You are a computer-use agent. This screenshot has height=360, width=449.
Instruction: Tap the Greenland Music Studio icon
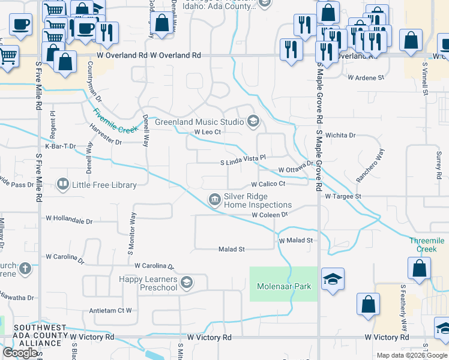(253, 122)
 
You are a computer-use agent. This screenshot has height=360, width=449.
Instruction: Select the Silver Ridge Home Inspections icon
(214, 200)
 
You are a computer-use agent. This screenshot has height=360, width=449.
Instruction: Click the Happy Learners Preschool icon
(187, 283)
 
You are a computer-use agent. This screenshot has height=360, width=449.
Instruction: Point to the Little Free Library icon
(62, 184)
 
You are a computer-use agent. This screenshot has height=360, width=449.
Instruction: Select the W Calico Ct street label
(268, 184)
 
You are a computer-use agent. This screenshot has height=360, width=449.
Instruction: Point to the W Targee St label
(343, 196)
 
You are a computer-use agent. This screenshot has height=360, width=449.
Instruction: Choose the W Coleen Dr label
(270, 214)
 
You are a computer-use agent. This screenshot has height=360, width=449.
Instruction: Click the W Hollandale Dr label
(69, 221)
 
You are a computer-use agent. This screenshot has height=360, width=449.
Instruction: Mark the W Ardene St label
(366, 78)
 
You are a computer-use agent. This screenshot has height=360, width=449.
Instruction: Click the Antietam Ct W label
(110, 310)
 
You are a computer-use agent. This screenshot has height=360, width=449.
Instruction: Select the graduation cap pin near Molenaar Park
(333, 279)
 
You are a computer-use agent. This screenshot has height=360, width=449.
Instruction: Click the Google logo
(19, 353)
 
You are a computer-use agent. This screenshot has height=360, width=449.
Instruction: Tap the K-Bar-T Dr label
(61, 146)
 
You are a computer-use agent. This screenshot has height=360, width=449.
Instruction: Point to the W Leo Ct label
(207, 133)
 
